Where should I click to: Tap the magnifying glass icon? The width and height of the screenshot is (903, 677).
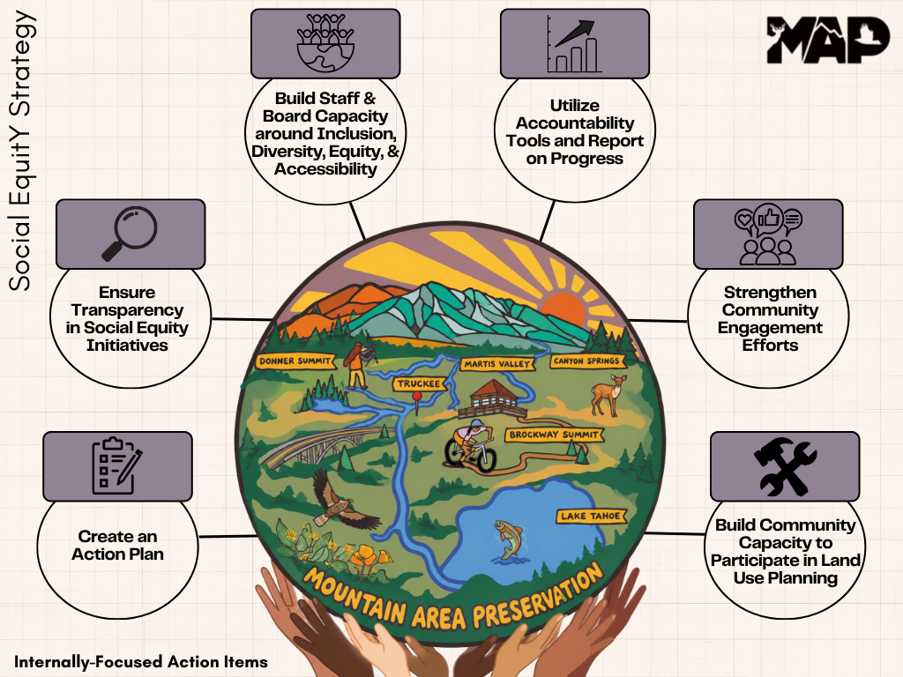pyautogui.click(x=131, y=233)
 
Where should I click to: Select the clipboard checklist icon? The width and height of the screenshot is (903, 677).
pyautogui.click(x=117, y=465)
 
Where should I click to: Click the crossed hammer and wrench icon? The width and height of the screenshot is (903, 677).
pyautogui.click(x=784, y=466)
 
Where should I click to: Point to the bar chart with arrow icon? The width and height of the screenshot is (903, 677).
pyautogui.click(x=573, y=44)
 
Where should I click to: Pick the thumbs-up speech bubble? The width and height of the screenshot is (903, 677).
pyautogui.click(x=768, y=219)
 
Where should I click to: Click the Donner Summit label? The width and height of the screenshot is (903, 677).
pyautogui.click(x=295, y=361)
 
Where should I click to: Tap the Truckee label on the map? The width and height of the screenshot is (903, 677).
pyautogui.click(x=419, y=383)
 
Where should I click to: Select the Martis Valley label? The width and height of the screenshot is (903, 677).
pyautogui.click(x=497, y=364)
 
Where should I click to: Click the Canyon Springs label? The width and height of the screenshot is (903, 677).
pyautogui.click(x=586, y=361)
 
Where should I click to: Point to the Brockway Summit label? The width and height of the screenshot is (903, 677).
pyautogui.click(x=554, y=435)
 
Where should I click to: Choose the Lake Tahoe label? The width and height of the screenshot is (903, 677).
pyautogui.click(x=591, y=516)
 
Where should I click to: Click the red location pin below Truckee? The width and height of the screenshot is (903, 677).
pyautogui.click(x=417, y=401)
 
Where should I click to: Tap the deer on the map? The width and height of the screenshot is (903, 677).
pyautogui.click(x=608, y=394)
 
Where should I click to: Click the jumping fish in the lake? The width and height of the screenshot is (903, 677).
pyautogui.click(x=508, y=539)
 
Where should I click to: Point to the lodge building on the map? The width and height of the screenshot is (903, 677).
pyautogui.click(x=493, y=398)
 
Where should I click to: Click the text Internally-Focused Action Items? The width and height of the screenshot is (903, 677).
pyautogui.click(x=141, y=662)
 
